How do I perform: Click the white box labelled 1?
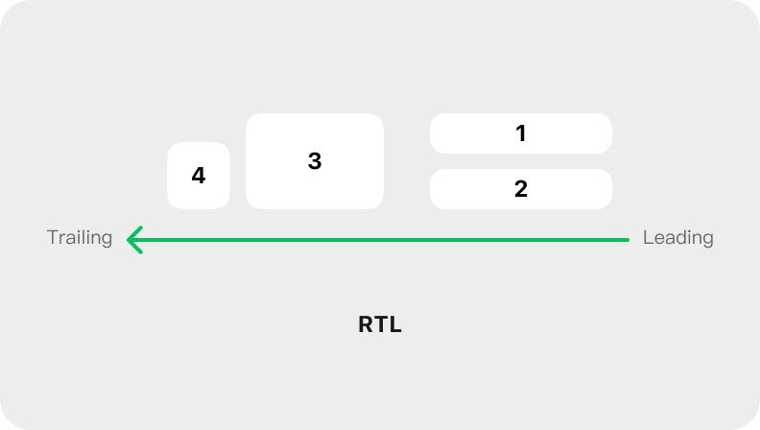(x=520, y=133)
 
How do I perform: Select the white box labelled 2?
(x=520, y=189)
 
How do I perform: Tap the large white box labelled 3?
(x=315, y=161)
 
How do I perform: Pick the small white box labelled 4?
(x=199, y=176)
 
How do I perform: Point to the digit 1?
(x=521, y=133)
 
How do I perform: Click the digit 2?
(x=521, y=189)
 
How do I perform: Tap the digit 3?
(x=315, y=161)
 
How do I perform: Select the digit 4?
(x=199, y=176)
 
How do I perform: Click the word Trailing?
(x=80, y=238)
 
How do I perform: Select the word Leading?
(x=678, y=238)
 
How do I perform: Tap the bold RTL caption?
(x=380, y=324)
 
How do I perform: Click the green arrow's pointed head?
(x=128, y=240)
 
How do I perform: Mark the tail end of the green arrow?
(x=629, y=240)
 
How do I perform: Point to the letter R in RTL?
(x=365, y=324)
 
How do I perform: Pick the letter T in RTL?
(x=381, y=324)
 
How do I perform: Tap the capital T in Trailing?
(x=54, y=237)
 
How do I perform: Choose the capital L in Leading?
(x=649, y=237)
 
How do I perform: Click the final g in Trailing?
(x=107, y=241)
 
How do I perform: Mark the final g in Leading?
(x=707, y=241)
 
